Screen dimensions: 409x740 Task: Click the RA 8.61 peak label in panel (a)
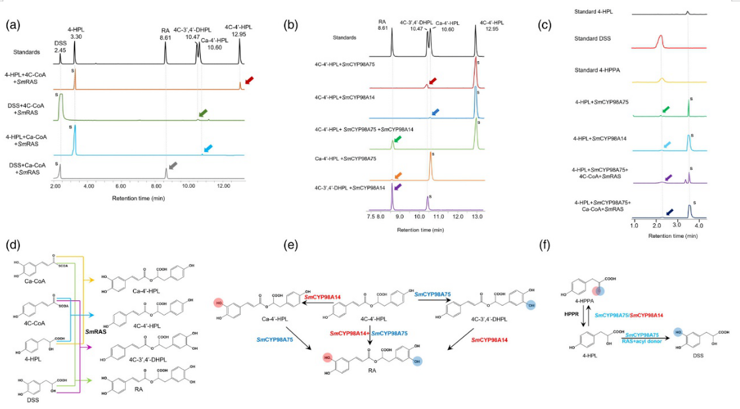[166, 34]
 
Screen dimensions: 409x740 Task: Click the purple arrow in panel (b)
[399, 188]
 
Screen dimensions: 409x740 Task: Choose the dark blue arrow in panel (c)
[670, 212]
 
